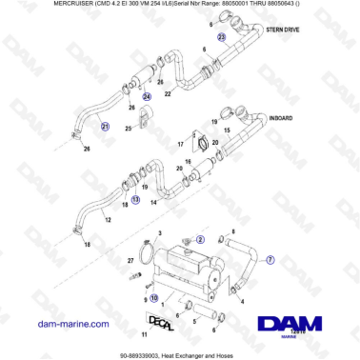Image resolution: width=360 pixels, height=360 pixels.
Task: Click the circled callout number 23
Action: coord(221,37)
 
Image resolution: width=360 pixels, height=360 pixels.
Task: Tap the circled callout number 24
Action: coord(146,96)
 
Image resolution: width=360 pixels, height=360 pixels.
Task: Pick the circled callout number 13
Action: coord(134,200)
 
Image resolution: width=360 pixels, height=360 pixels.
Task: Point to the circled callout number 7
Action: coord(270,258)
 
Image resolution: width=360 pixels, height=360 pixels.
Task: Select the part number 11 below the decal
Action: coord(143,335)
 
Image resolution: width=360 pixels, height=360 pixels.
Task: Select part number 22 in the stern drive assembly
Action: coord(168,94)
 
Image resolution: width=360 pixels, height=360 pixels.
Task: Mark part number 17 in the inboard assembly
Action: coord(179,145)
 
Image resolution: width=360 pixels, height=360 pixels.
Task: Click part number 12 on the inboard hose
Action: coord(108,219)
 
